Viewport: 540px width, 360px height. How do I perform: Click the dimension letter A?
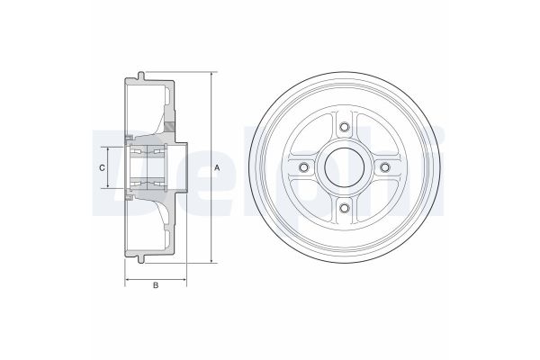(x=217, y=167)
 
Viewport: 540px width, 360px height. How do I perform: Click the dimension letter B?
(x=156, y=285)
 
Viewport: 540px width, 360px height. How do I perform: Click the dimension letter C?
(x=102, y=167)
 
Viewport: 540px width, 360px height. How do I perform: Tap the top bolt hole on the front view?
(x=344, y=127)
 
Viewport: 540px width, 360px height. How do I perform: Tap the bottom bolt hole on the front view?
(x=344, y=208)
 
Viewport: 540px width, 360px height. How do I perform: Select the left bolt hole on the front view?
(x=303, y=167)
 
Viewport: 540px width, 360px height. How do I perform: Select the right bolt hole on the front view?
(x=384, y=167)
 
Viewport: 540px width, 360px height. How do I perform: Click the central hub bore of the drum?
(x=344, y=167)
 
